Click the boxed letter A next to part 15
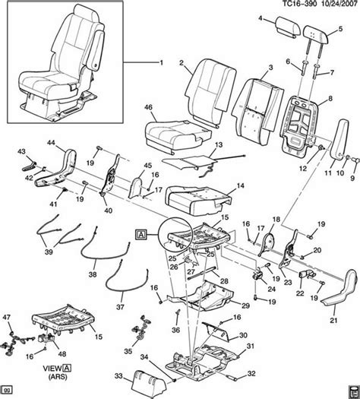pyautogui.click(x=141, y=233)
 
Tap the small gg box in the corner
pyautogui.click(x=8, y=391)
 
